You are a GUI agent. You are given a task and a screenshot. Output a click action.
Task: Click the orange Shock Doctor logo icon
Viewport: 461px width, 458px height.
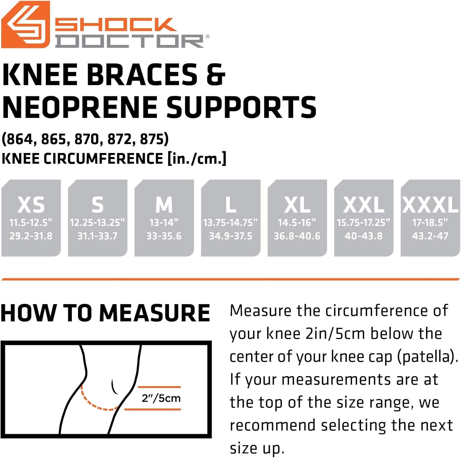click(x=25, y=25)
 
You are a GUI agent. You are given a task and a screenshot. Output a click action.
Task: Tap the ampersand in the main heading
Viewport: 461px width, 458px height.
click(x=216, y=75)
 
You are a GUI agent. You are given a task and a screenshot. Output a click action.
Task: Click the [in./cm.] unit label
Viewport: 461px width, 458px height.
click(x=197, y=159)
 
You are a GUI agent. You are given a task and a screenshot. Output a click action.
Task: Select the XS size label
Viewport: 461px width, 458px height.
click(x=31, y=205)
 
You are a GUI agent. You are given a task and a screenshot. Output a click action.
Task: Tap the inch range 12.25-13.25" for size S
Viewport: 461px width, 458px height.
click(x=97, y=222)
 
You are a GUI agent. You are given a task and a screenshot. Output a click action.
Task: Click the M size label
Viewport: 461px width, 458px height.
click(x=164, y=205)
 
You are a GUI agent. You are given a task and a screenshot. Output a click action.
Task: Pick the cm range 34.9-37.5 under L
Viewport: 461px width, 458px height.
click(x=230, y=236)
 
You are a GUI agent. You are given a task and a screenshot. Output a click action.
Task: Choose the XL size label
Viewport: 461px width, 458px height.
click(x=297, y=205)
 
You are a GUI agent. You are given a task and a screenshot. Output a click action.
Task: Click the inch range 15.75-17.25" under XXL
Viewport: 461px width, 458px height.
click(x=363, y=222)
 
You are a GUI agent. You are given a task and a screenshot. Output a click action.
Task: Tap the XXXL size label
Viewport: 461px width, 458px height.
click(x=430, y=205)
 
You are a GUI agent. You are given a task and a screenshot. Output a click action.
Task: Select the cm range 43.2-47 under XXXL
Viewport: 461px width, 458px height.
click(x=430, y=236)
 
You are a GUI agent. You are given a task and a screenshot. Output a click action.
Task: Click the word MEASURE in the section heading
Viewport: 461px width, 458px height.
click(x=155, y=313)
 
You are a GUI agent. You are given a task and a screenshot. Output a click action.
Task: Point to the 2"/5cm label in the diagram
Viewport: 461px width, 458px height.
click(x=161, y=398)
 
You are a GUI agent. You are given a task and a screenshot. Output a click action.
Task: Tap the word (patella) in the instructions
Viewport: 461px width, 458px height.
click(x=427, y=357)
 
